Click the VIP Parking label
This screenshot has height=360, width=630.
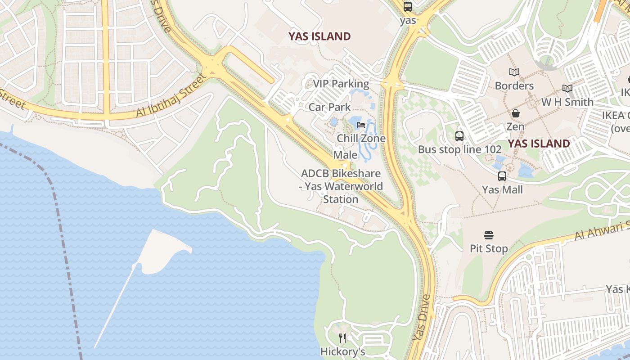[341, 84]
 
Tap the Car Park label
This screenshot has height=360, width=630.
[329, 107]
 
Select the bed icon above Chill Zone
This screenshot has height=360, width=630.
[361, 125]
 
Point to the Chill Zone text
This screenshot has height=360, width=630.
[361, 138]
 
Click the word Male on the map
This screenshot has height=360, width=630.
[346, 155]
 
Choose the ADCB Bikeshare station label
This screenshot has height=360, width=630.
[341, 186]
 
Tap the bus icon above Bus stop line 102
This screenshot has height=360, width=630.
[459, 136]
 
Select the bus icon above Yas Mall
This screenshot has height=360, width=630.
[502, 176]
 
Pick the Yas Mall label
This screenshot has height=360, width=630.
[502, 190]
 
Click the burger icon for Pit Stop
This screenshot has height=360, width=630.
[489, 235]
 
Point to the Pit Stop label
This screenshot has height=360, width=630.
[489, 248]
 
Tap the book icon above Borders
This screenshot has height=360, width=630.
[514, 72]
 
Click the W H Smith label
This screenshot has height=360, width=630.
[567, 102]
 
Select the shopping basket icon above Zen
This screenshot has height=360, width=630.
[515, 113]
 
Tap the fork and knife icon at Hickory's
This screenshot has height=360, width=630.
[343, 338]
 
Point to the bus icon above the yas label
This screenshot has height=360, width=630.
[408, 7]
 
